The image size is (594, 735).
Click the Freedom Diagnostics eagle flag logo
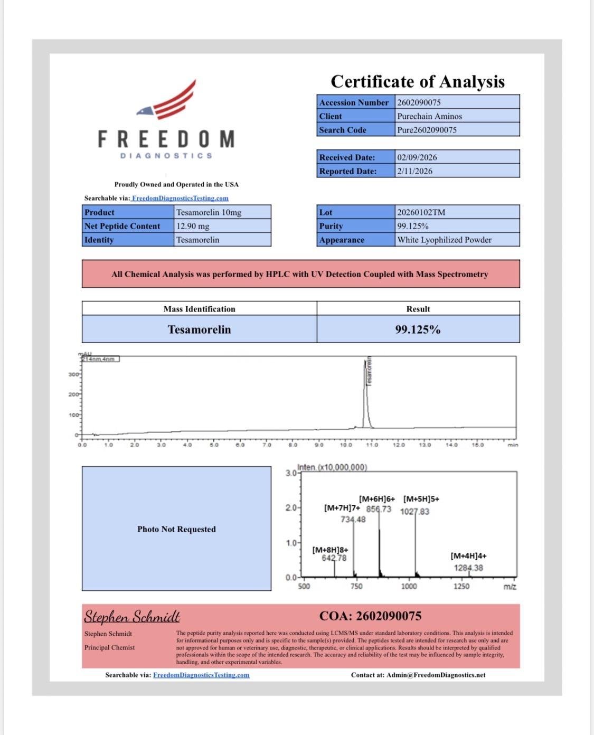click(167, 101)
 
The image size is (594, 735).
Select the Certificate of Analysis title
click(418, 81)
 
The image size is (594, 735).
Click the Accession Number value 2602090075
click(419, 102)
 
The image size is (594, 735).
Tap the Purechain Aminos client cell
click(429, 116)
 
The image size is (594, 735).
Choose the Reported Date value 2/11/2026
click(414, 171)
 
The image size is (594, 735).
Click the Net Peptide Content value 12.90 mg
click(193, 226)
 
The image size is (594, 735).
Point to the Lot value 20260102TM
click(421, 212)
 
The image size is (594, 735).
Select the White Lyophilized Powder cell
click(444, 240)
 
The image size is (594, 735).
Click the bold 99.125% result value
click(418, 329)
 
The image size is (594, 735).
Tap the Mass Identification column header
click(199, 309)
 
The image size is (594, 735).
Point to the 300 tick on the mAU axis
click(74, 374)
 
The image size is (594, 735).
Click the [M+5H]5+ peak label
click(421, 499)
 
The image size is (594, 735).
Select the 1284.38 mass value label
click(468, 568)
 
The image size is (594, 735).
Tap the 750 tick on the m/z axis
click(356, 586)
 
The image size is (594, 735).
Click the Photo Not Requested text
click(176, 529)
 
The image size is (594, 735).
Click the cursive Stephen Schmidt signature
click(132, 617)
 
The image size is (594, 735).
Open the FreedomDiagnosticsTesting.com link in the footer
click(201, 675)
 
